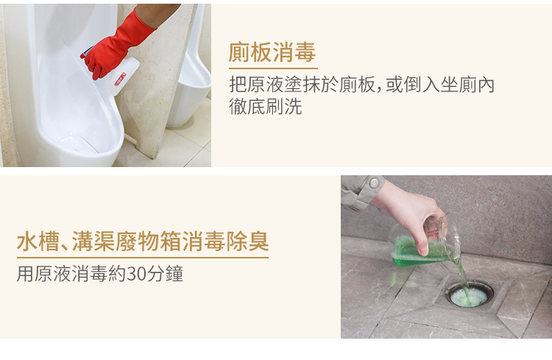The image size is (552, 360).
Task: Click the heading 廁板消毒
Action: (x=272, y=52)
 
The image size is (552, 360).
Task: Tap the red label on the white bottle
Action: (x=120, y=80)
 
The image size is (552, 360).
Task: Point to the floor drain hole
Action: (x=470, y=294)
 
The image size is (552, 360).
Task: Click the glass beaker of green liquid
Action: (x=424, y=243)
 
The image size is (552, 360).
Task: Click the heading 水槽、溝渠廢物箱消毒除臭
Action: (x=143, y=241)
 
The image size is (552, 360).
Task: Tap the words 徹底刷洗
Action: (x=266, y=106)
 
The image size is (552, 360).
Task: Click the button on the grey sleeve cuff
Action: (x=373, y=183)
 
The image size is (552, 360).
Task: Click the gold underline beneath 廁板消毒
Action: (x=273, y=68)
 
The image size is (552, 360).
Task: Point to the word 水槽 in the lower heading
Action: (x=38, y=241)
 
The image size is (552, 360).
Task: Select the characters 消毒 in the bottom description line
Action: (x=89, y=274)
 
